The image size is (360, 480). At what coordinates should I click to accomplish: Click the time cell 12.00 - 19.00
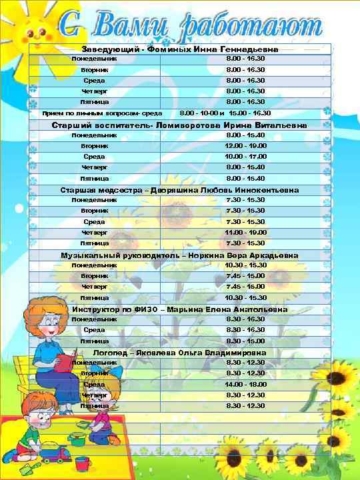[x=245, y=145]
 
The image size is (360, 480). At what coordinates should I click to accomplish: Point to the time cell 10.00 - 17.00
[x=245, y=157]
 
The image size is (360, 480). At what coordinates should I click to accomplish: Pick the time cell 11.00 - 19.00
[x=245, y=232]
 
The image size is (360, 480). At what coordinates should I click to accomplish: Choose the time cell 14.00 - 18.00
[x=245, y=385]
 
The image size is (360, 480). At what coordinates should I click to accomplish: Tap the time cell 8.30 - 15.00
[x=245, y=341]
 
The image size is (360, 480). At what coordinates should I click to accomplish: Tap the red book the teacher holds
[x=64, y=363]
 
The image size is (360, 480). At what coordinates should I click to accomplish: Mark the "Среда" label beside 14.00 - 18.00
[x=94, y=385]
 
